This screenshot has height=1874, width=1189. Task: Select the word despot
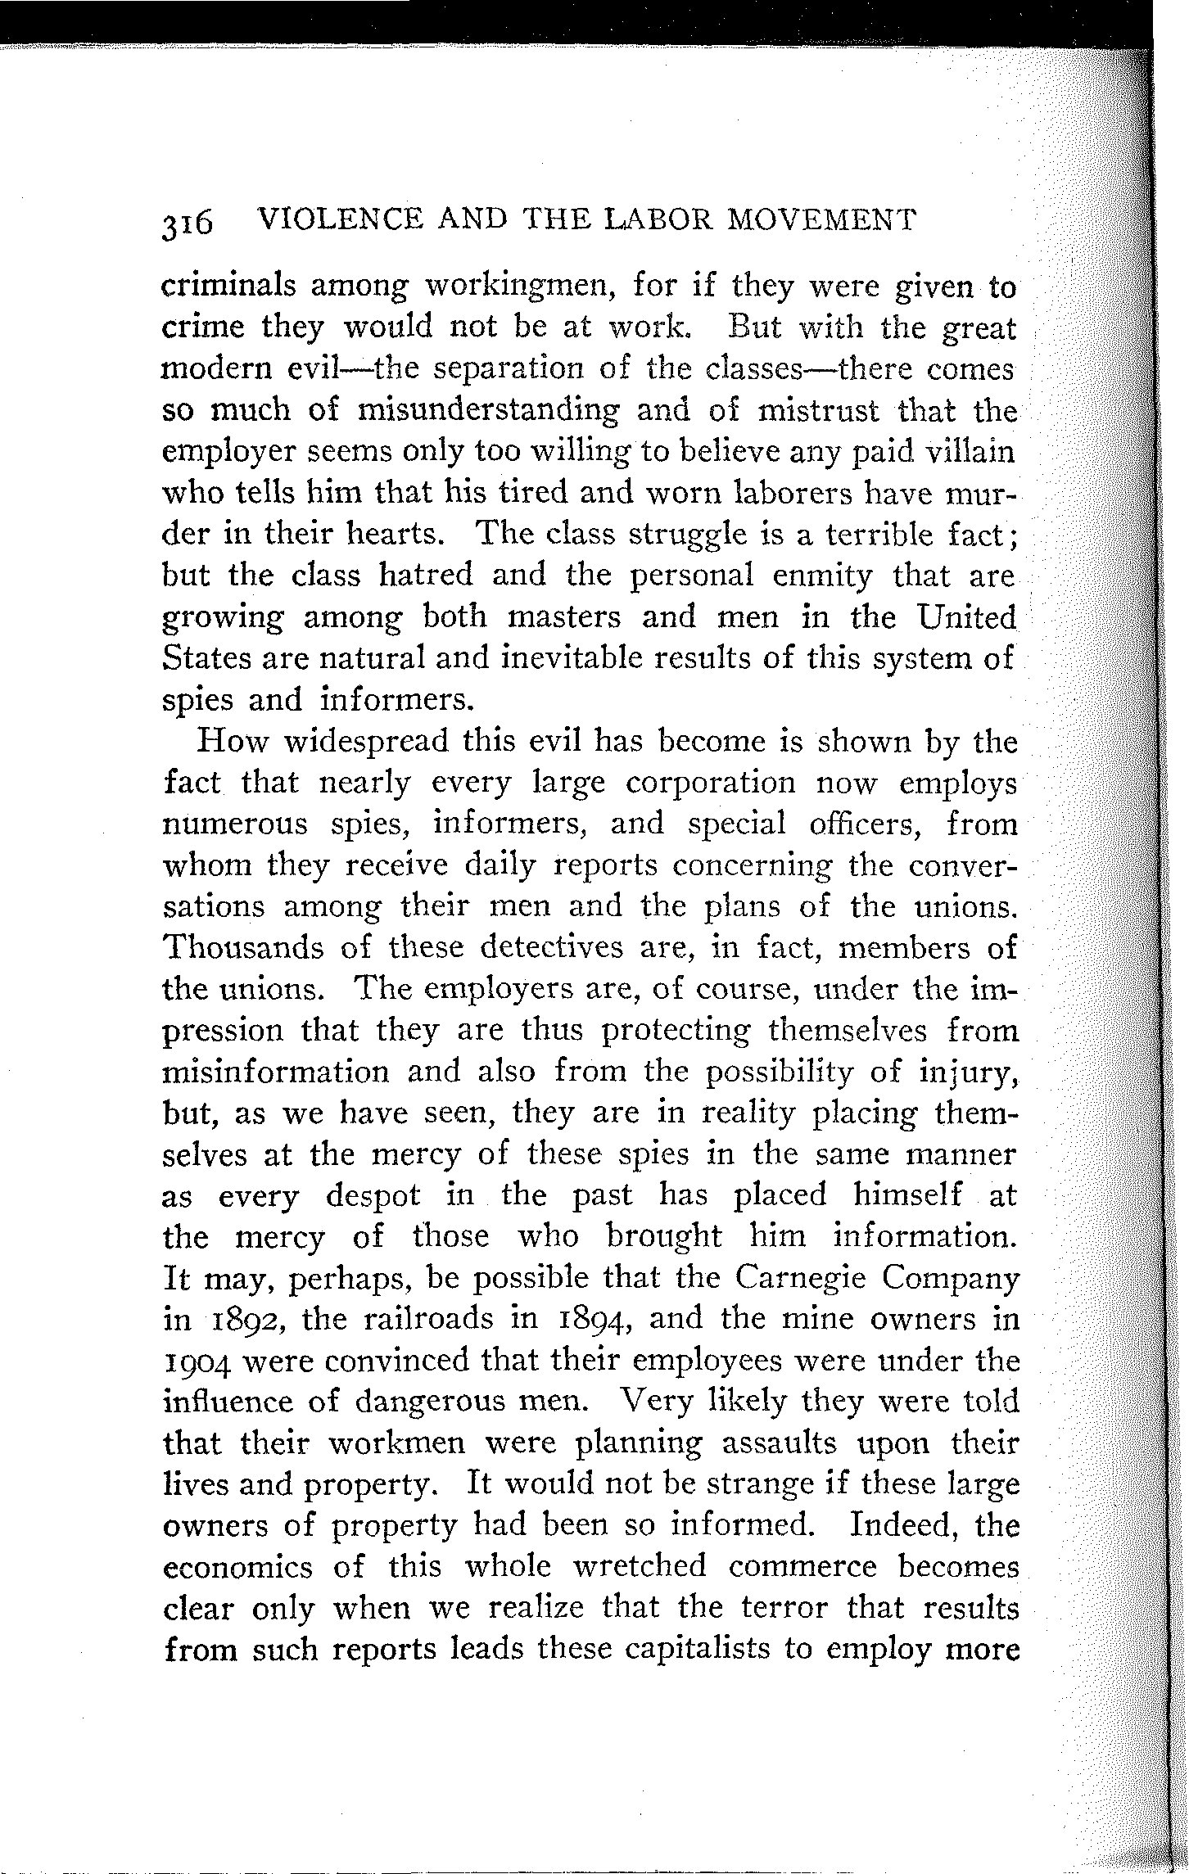click(373, 1194)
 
